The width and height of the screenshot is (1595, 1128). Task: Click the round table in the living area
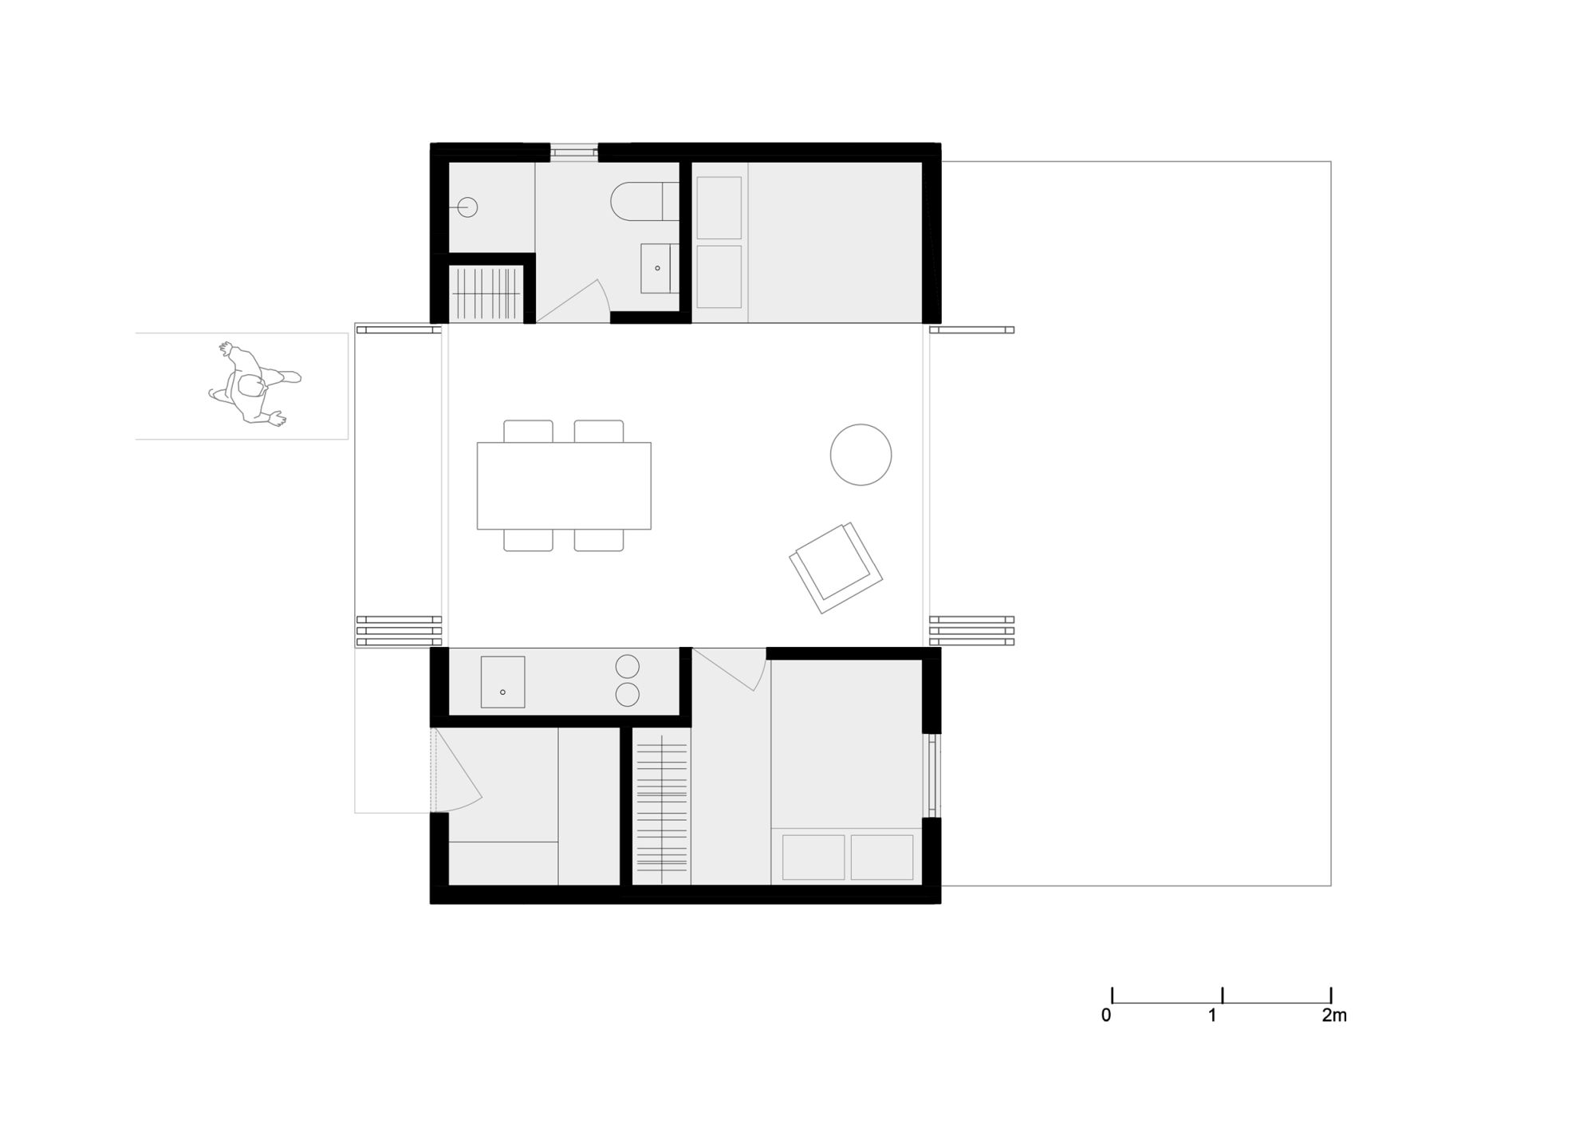861,455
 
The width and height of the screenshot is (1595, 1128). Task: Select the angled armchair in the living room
836,568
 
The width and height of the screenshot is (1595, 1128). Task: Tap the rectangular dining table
564,486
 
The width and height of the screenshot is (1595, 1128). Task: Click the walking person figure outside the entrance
254,385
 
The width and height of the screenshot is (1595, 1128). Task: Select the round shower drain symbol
467,207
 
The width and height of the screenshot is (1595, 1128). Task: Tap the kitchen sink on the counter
502,682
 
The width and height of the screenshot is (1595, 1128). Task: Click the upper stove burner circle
628,666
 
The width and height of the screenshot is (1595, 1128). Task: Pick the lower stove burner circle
628,695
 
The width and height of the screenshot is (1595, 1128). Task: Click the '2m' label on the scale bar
1334,1016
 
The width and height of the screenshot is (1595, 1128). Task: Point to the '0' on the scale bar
1106,1016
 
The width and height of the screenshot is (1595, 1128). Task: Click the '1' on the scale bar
1212,1016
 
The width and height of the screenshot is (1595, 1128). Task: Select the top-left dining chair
528,432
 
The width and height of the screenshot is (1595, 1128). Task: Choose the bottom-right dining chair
599,540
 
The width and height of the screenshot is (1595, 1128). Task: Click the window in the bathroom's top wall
574,152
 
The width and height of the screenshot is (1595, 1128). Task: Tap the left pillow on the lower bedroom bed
813,858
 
